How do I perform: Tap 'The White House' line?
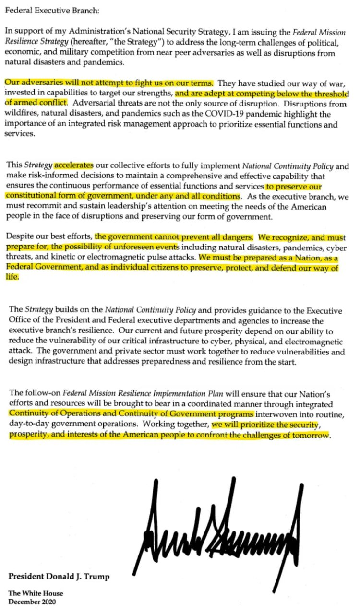pyautogui.click(x=36, y=593)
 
